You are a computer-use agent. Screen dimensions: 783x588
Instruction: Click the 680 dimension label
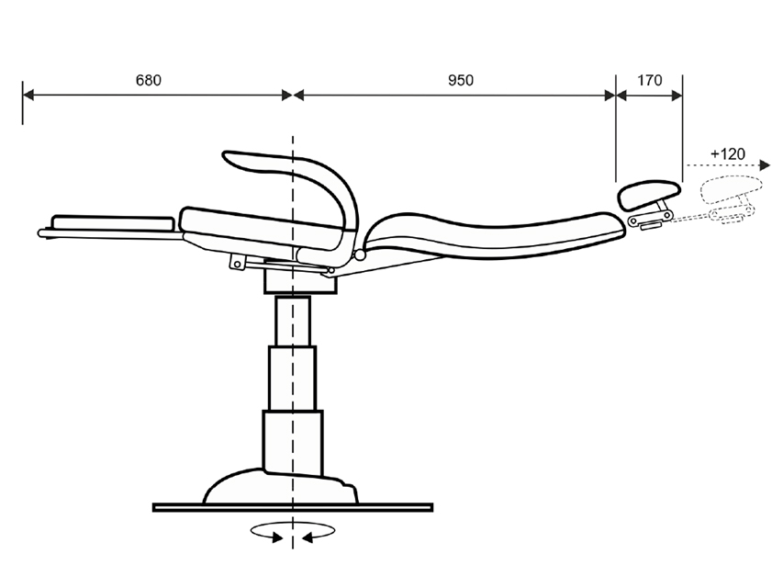click(149, 80)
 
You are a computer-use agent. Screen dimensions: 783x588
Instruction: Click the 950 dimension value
click(461, 80)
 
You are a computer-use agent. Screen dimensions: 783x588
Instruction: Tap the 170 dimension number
click(650, 80)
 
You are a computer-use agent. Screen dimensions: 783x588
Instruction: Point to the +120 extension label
click(728, 154)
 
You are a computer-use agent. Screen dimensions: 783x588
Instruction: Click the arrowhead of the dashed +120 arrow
click(765, 165)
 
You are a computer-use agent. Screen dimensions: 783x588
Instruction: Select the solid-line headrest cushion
click(649, 195)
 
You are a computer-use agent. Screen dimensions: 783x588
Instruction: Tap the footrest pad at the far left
click(113, 223)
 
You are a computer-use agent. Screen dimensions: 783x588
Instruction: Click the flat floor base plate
click(293, 507)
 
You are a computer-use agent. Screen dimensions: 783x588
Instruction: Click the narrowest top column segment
click(293, 321)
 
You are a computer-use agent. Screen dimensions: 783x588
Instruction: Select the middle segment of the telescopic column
click(292, 378)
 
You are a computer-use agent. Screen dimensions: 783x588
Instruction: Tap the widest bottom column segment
click(293, 443)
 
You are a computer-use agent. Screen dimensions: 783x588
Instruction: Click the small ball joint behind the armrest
click(360, 255)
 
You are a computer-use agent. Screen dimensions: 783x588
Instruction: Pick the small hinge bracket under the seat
click(238, 263)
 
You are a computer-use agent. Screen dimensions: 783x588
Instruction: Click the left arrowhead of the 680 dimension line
click(28, 95)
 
